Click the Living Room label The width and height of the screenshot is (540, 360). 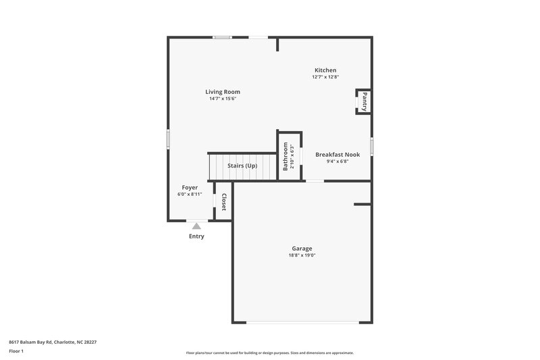tap(223, 92)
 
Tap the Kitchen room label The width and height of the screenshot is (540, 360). tap(325, 70)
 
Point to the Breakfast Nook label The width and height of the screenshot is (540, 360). tap(337, 154)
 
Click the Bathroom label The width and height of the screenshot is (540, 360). tap(286, 156)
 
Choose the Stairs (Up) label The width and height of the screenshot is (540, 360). tap(242, 165)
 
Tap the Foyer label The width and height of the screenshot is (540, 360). tap(190, 187)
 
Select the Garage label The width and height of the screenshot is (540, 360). tap(302, 248)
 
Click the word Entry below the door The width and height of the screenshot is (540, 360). tap(196, 236)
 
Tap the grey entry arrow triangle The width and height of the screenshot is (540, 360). tap(196, 226)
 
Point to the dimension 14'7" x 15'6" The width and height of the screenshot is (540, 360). tap(223, 99)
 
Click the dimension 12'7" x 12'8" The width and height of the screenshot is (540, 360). tap(325, 78)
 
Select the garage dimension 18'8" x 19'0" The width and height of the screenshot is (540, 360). tap(302, 255)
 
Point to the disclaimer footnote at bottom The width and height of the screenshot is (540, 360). tap(270, 353)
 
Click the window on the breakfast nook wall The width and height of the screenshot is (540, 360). tap(371, 146)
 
